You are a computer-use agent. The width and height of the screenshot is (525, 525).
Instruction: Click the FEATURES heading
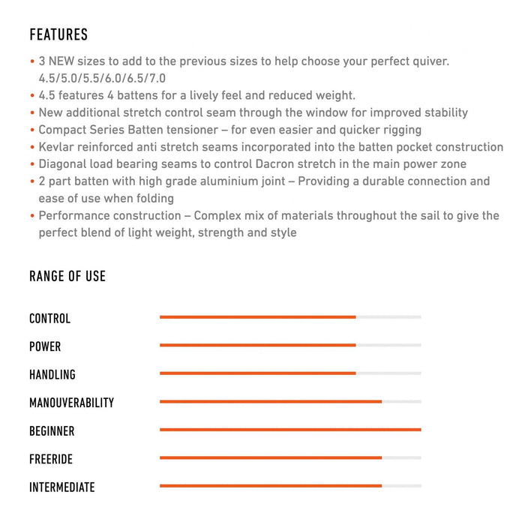(58, 34)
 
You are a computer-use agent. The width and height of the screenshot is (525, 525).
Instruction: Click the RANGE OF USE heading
(67, 276)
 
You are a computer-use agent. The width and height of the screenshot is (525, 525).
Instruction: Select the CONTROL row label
(49, 319)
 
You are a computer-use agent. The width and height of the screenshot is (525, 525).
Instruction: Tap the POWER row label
(45, 346)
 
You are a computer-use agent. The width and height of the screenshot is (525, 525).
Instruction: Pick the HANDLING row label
(52, 374)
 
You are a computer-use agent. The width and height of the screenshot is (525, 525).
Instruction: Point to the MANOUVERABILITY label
(71, 403)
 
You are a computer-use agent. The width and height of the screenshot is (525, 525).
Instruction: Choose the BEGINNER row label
(52, 431)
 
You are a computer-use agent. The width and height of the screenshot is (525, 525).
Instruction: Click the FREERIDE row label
(51, 459)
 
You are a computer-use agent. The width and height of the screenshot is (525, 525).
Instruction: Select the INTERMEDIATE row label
(62, 487)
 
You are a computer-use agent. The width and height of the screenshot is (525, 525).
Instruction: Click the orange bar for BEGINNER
(290, 430)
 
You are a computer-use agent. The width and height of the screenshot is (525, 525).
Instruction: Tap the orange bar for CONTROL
(257, 317)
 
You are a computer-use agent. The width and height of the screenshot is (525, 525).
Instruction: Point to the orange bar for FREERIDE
(270, 457)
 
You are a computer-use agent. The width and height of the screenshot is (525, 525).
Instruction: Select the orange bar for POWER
(257, 345)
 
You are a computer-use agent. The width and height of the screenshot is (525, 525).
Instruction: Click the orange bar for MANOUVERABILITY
(270, 401)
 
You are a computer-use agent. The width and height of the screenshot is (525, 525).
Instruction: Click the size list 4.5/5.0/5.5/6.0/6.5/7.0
(102, 78)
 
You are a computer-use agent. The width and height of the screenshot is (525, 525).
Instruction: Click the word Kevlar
(56, 147)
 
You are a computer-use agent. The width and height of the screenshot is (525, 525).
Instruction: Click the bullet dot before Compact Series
(32, 130)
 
